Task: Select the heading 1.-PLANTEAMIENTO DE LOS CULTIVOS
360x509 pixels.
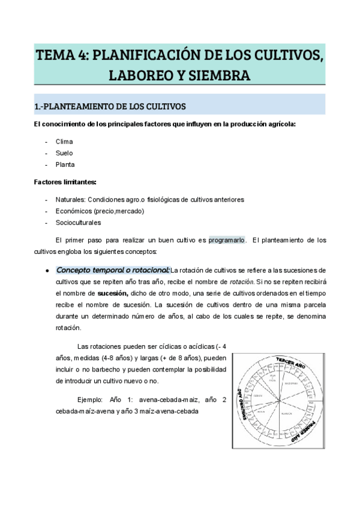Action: pyautogui.click(x=110, y=107)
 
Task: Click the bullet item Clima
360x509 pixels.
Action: pyautogui.click(x=64, y=142)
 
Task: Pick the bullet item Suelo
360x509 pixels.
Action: pyautogui.click(x=64, y=153)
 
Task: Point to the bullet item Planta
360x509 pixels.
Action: pyautogui.click(x=65, y=164)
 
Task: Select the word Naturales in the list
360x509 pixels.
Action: pyautogui.click(x=70, y=199)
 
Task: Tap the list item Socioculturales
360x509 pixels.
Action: pyautogui.click(x=79, y=222)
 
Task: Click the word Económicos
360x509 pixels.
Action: pyautogui.click(x=74, y=211)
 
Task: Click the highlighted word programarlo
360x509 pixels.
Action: pyautogui.click(x=226, y=239)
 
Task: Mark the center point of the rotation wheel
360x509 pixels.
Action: pyautogui.click(x=279, y=400)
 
